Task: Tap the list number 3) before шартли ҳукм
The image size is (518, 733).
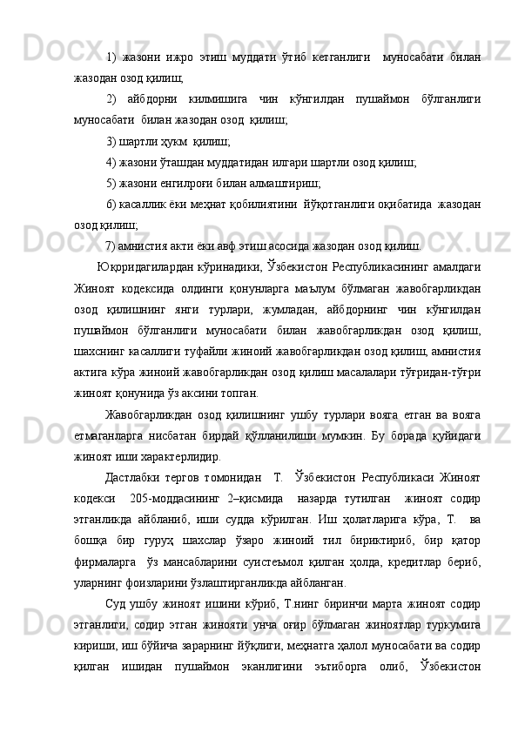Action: pyautogui.click(x=111, y=139)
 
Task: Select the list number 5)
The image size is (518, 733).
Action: pyautogui.click(x=111, y=181)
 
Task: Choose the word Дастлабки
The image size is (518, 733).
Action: pyautogui.click(x=133, y=476)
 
